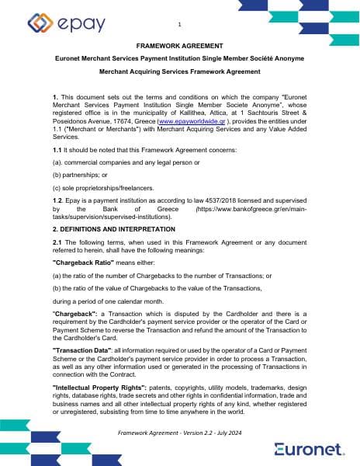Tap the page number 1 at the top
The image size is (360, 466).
click(x=179, y=24)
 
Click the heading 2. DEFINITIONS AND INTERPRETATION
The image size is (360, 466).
click(x=113, y=230)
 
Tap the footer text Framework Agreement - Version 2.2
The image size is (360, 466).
click(x=180, y=432)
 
